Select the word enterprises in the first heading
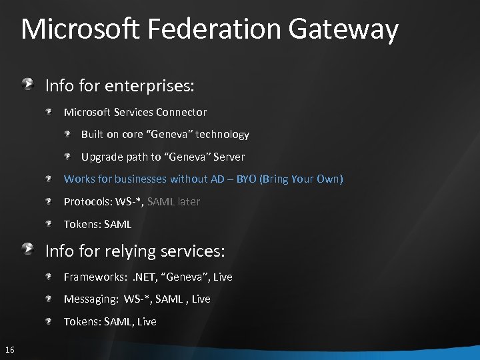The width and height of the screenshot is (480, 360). (151, 86)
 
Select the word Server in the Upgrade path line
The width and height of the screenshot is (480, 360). (229, 157)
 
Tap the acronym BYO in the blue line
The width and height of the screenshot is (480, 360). (247, 179)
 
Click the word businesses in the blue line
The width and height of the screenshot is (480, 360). (141, 179)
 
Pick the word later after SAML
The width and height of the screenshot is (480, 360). (189, 201)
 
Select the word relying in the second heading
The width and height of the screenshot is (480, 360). (131, 251)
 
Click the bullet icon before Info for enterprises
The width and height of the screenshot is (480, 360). (29, 84)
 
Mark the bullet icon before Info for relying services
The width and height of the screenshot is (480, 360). (29, 249)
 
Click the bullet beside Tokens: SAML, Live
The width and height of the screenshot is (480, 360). (50, 321)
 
